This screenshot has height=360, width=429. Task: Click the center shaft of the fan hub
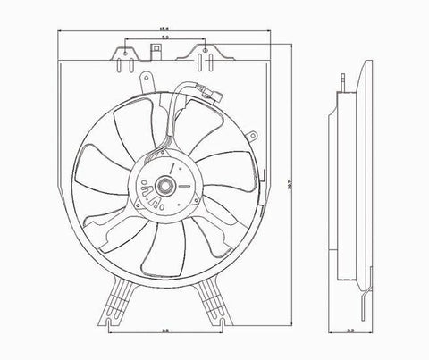tap(166, 187)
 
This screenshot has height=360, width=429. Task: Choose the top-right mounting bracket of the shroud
tap(207, 54)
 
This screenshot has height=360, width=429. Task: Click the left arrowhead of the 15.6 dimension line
tap(60, 34)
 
